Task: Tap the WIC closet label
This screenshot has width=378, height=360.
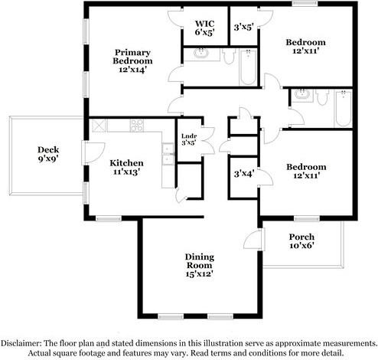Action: (204, 27)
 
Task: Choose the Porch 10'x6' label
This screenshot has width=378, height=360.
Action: (301, 241)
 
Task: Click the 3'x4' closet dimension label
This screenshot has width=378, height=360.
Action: (243, 174)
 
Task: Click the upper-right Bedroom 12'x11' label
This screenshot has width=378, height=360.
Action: (305, 47)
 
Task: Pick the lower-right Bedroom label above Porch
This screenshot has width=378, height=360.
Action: (305, 171)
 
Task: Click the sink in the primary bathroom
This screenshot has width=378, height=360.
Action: (201, 54)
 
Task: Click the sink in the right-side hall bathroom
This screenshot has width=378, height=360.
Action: (301, 95)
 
